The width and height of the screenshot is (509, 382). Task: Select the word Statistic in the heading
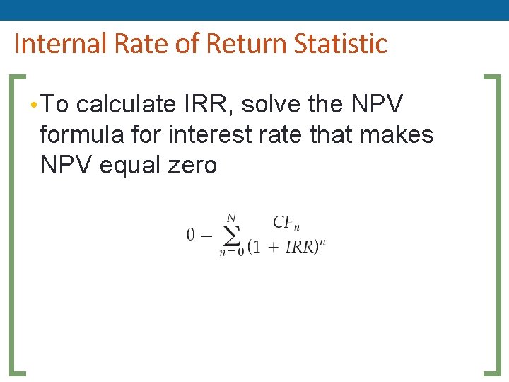coord(340,44)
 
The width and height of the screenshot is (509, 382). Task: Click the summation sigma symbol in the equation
coord(230,234)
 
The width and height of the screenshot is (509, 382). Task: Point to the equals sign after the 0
coord(206,234)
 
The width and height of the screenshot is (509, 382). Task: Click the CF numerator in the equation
coord(284,223)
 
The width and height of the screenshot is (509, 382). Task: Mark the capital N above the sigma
coord(230,217)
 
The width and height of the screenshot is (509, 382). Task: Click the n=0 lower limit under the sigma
coord(231,252)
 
